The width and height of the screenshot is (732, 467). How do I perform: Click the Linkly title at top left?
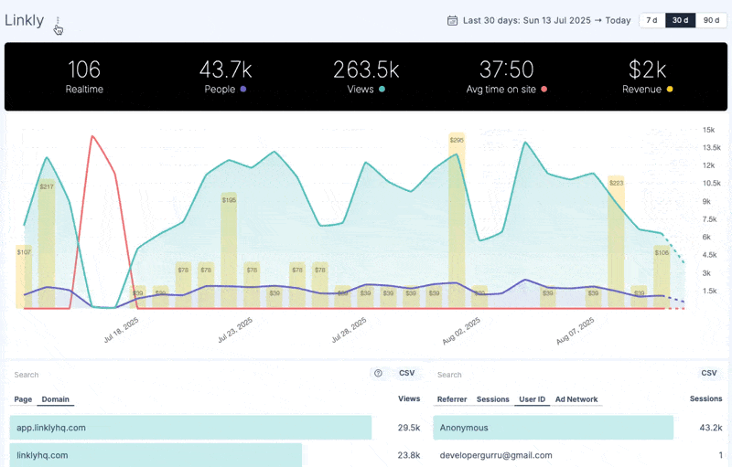[25, 20]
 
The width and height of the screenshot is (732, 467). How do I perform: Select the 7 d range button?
[651, 20]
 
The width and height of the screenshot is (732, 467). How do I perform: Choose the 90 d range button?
[711, 20]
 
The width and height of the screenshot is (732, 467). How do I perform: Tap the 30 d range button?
[680, 20]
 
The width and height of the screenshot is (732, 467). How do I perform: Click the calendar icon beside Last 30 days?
[452, 20]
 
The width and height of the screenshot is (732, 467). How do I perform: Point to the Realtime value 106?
[83, 69]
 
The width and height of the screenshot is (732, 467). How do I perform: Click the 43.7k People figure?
[225, 69]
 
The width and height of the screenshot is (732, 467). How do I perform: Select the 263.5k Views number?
[366, 69]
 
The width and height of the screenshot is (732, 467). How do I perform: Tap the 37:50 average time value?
[507, 69]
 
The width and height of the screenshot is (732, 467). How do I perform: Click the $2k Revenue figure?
[648, 69]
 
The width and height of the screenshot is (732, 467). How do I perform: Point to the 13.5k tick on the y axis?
[711, 147]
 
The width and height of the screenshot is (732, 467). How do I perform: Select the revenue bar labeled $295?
[457, 219]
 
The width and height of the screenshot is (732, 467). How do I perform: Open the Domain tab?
[56, 399]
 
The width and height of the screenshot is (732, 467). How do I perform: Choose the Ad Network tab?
[576, 399]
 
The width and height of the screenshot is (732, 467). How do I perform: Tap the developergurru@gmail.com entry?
[496, 455]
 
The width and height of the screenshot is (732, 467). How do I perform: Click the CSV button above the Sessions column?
[708, 374]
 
